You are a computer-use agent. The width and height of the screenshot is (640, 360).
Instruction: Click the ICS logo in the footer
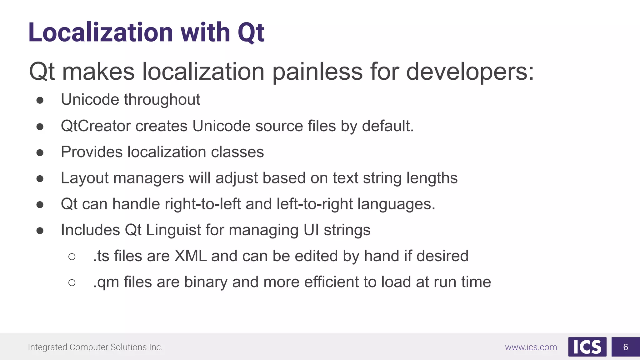587,347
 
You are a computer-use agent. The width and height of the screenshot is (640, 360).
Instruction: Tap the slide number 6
625,347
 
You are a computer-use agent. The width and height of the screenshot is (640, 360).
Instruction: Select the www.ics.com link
531,347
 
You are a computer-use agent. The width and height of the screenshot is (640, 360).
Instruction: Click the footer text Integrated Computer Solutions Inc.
95,347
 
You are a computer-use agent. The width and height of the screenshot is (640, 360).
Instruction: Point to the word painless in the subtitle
317,72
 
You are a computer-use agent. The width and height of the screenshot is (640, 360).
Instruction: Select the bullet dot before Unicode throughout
40,100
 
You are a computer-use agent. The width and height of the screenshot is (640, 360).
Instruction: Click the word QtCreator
96,126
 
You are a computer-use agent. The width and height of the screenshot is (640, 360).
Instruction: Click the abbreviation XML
191,256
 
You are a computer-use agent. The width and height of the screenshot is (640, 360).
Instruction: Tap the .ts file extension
101,256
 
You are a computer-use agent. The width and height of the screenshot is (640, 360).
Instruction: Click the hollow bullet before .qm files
72,282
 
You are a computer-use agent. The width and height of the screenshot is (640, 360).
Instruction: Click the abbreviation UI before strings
311,230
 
